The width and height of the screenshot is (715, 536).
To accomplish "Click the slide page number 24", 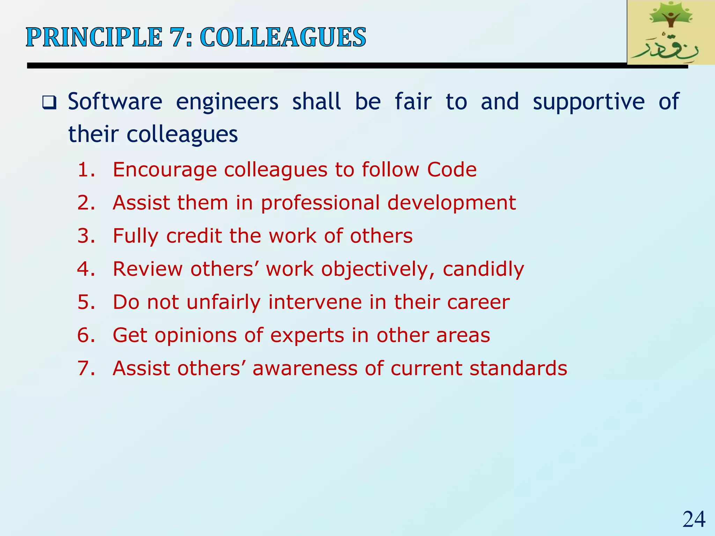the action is [x=694, y=519].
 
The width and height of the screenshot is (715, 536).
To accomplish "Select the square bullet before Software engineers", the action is [x=49, y=103].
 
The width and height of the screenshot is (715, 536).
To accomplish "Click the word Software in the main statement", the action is [x=115, y=102].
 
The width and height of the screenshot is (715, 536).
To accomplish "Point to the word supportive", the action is [x=588, y=102].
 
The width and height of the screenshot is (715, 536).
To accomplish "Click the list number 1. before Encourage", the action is [x=86, y=170].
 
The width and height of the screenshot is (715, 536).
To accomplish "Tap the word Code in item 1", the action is [x=452, y=170].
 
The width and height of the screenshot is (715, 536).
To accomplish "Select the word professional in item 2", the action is [x=320, y=203].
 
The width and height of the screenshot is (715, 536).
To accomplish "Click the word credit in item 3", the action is [x=194, y=236].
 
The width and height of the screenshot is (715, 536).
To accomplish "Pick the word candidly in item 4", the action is [x=483, y=269].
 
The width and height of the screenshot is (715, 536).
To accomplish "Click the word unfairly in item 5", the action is [x=223, y=302].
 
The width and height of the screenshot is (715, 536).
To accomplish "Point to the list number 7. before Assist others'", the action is [x=86, y=368].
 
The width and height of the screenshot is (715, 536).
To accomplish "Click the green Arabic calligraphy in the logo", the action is [x=665, y=49].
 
